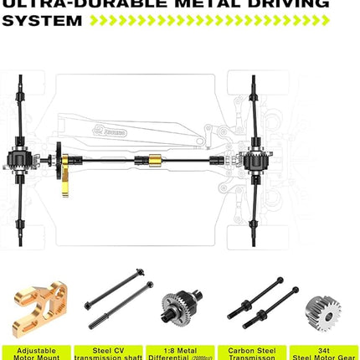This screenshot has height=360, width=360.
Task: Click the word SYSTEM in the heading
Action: (x=41, y=19)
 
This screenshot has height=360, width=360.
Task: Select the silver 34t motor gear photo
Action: (x=323, y=312)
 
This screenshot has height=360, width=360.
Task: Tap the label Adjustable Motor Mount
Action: (x=35, y=352)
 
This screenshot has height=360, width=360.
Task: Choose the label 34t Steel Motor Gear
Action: (x=324, y=352)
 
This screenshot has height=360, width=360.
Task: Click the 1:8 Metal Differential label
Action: (x=179, y=352)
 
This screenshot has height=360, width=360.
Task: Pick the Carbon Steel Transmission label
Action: (x=252, y=352)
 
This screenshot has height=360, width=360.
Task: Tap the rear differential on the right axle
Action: (x=253, y=158)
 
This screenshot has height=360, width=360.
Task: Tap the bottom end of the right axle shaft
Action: (x=253, y=242)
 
